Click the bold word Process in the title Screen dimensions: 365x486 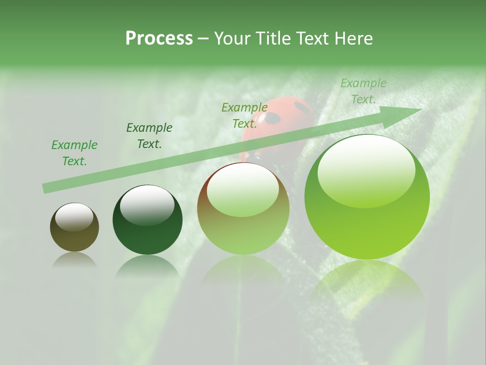click(159, 39)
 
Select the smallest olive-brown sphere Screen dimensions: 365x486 click(74, 227)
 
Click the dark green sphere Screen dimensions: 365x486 click(147, 220)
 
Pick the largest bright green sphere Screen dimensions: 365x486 click(367, 197)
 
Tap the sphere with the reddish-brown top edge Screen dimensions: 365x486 click(244, 209)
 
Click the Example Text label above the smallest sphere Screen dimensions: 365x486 click(74, 153)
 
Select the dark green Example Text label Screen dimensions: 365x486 click(149, 136)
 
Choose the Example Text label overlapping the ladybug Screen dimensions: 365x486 click(245, 116)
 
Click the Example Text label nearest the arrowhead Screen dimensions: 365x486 click(363, 91)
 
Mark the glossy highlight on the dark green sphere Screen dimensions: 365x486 click(147, 205)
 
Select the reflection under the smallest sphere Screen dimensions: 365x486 click(74, 260)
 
